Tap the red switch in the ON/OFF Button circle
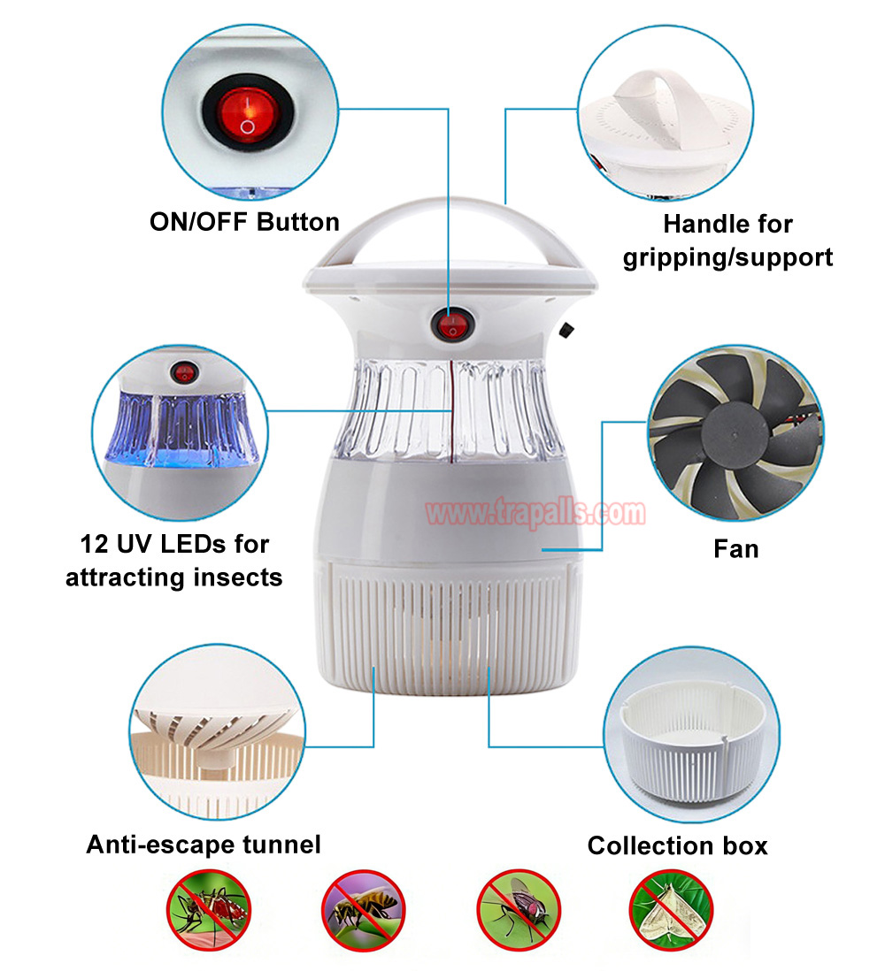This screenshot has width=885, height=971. click(x=248, y=115)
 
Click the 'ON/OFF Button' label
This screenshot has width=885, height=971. click(x=245, y=222)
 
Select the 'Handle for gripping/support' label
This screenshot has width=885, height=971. click(x=727, y=241)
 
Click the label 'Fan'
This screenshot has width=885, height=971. click(x=735, y=549)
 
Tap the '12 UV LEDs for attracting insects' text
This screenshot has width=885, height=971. click(x=174, y=561)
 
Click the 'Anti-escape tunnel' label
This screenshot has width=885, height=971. click(x=204, y=845)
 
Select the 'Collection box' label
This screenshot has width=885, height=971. click(x=677, y=846)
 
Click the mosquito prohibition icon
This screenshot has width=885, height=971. click(x=209, y=910)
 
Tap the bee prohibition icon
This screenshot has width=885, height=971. click(x=363, y=910)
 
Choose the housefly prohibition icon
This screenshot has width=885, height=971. click(x=518, y=910)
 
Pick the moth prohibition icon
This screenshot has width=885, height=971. click(x=671, y=910)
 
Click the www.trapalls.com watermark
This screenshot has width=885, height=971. click(x=535, y=513)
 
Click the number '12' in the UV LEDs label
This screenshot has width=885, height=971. click(x=94, y=545)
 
